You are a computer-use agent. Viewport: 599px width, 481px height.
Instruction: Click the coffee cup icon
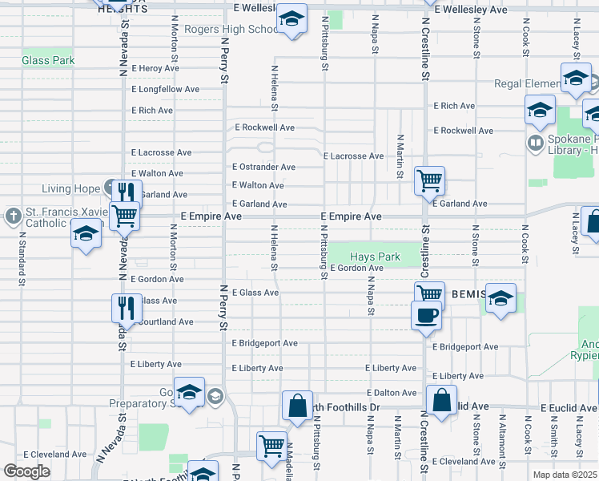426,314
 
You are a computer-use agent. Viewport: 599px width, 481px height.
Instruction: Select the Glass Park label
48,60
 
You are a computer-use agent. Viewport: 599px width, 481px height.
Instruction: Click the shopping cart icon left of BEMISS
429,294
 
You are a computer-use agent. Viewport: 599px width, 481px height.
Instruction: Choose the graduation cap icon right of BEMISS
501,298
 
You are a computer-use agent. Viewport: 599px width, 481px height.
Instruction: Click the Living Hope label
72,189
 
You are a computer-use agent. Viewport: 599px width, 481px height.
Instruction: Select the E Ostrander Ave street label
263,168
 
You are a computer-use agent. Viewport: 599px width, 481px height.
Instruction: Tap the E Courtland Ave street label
165,322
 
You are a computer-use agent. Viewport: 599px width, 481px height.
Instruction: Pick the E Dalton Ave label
392,393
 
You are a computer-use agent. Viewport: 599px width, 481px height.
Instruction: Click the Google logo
26,471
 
